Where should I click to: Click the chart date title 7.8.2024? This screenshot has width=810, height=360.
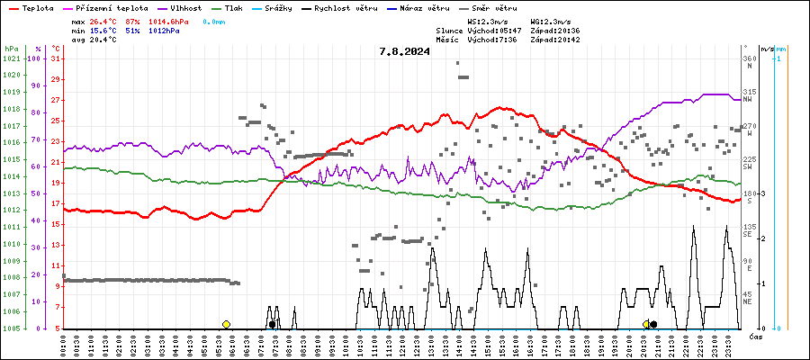tap(404, 51)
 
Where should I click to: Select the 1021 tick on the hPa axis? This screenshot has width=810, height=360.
tap(11, 58)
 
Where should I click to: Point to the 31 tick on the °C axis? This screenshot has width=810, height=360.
tap(56, 58)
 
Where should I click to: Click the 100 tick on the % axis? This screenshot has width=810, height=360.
tap(34, 58)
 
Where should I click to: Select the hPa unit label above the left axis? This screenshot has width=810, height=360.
tap(11, 49)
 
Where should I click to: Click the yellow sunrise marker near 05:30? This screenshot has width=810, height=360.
tap(226, 324)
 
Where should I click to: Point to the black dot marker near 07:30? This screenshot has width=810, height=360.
tap(272, 324)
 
